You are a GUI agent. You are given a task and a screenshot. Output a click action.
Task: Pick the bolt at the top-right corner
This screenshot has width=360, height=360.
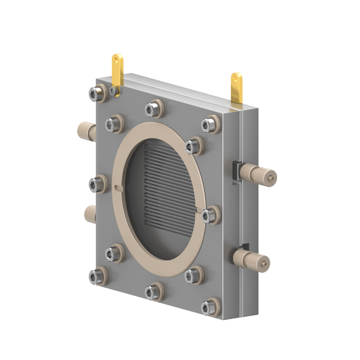click(210, 123)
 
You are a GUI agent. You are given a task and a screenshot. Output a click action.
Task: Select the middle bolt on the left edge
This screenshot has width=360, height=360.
click(98, 184)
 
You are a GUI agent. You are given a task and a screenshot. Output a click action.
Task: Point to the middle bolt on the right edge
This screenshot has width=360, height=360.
click(209, 215)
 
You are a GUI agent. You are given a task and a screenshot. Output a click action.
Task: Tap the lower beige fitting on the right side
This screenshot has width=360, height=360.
click(251, 260)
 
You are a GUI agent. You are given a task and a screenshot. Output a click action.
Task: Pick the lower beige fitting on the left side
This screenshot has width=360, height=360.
click(89, 214)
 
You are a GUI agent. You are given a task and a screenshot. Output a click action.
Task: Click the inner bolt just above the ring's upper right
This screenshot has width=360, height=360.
click(193, 145)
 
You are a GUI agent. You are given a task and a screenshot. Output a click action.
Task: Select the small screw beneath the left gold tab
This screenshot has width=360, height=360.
click(114, 91)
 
